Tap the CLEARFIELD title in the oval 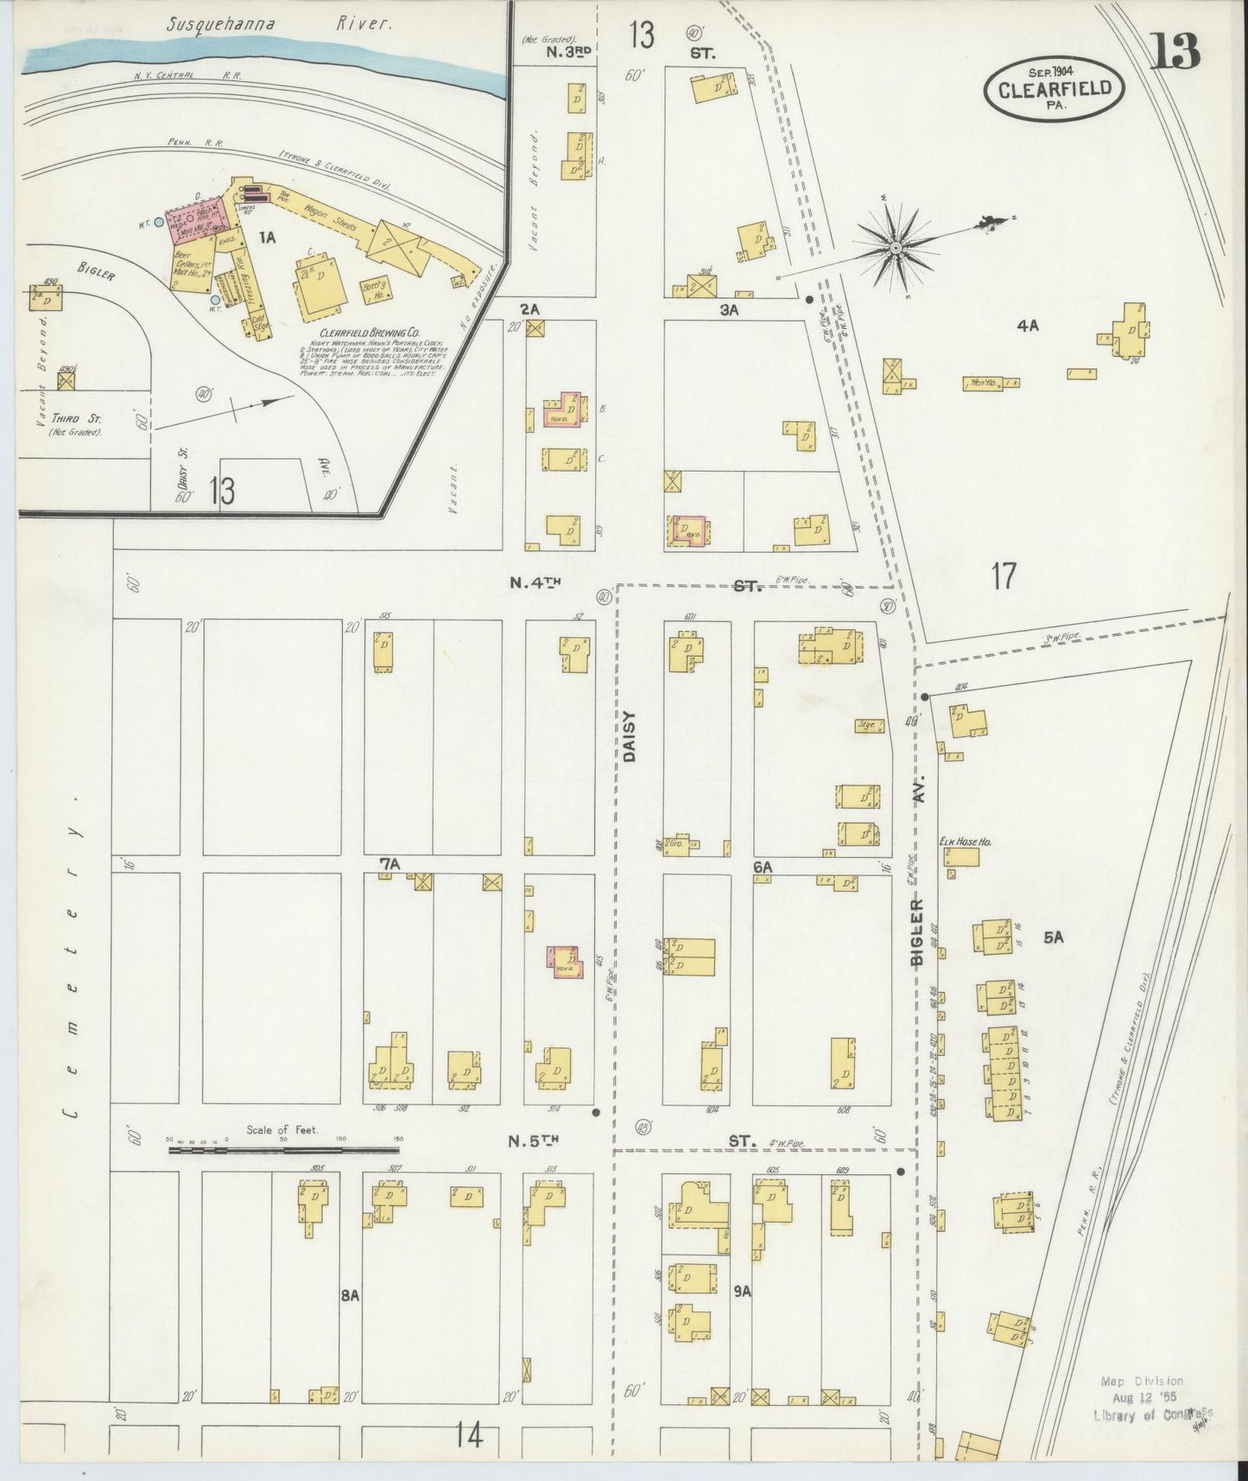(1054, 88)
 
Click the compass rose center (896, 248)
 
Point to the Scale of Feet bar (283, 1149)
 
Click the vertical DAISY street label (629, 735)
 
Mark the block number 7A (390, 863)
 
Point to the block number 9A (741, 1292)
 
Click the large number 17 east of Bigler (1003, 575)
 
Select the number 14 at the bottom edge (471, 1437)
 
